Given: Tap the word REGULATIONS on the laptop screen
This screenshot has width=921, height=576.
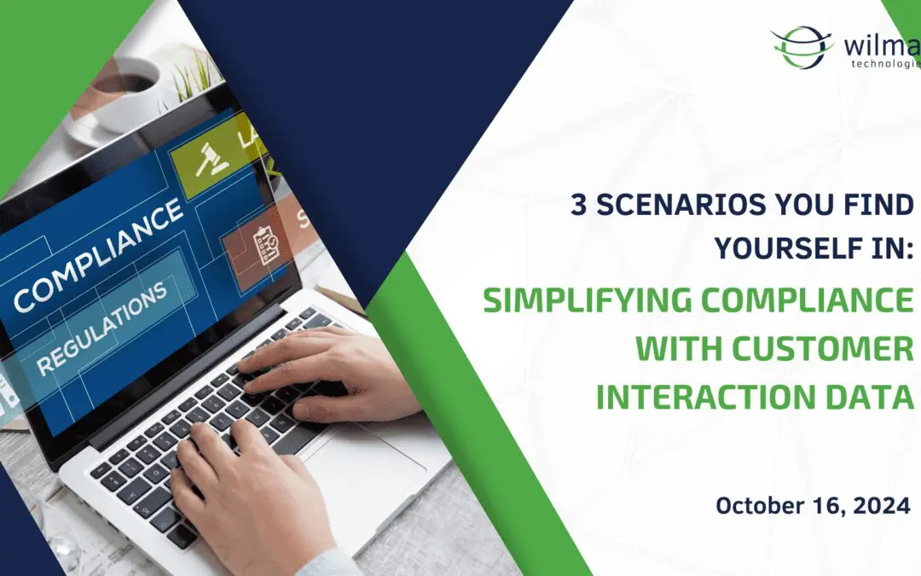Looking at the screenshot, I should tap(102, 328).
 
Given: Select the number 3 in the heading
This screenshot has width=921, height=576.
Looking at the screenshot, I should tap(579, 206).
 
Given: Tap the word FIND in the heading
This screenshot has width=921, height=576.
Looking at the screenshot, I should tap(878, 206).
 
